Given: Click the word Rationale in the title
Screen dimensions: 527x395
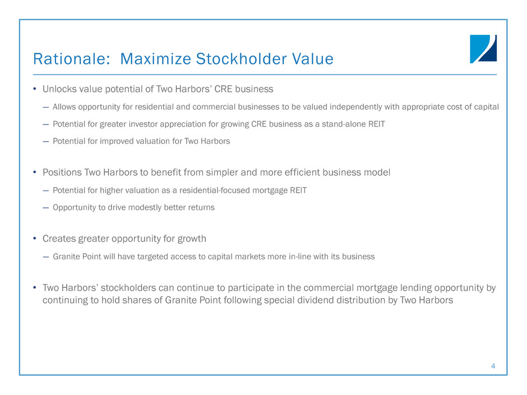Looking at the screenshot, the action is (x=70, y=59).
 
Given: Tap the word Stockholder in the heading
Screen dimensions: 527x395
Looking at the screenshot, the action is (x=241, y=59).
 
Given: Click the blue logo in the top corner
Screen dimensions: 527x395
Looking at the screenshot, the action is (x=483, y=49).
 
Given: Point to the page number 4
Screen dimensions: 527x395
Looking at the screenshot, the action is (x=493, y=366).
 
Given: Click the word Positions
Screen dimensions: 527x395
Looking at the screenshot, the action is (x=62, y=173).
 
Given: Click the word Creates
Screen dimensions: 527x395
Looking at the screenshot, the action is (x=59, y=239).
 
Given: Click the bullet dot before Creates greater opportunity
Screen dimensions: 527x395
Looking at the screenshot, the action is (x=35, y=239).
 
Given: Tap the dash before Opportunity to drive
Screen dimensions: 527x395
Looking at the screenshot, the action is (x=46, y=208).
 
